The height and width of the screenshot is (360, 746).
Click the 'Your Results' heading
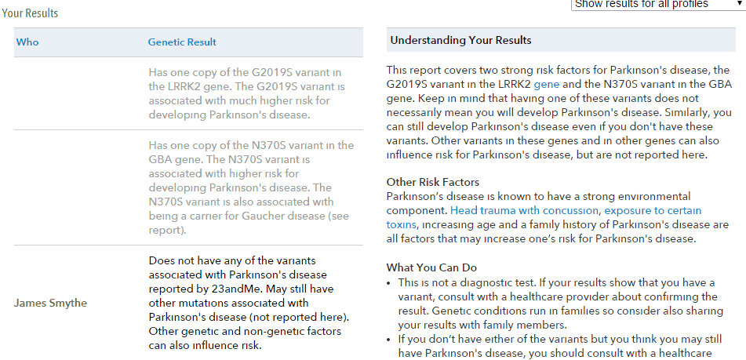tap(29, 13)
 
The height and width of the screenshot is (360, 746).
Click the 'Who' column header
tap(27, 42)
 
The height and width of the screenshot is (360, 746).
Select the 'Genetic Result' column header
tap(182, 42)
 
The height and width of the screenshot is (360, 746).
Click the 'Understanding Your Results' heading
tap(460, 40)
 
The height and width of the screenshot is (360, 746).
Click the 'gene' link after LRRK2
tap(546, 84)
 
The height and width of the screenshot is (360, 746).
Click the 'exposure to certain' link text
tap(653, 211)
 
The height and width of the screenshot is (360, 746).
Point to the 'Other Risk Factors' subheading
tap(432, 182)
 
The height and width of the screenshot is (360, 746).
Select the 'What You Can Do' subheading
tap(431, 267)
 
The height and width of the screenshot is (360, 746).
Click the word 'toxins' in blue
tap(402, 224)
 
